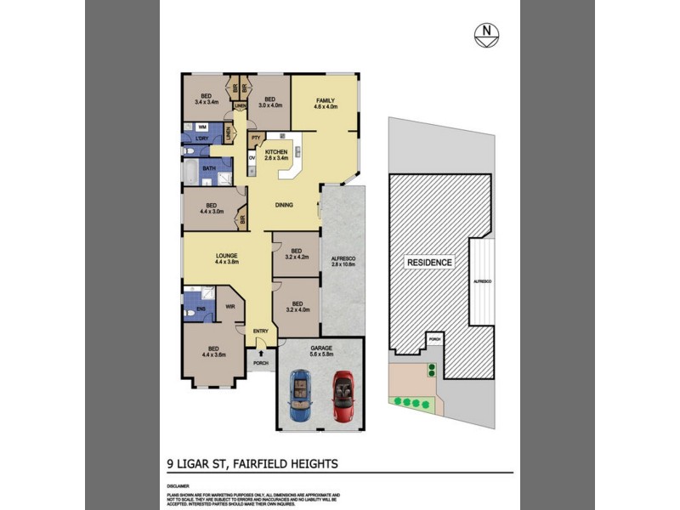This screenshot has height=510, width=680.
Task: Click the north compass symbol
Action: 485,35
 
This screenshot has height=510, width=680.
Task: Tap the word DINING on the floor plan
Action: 284,205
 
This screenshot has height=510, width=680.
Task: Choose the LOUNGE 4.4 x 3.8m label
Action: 226,258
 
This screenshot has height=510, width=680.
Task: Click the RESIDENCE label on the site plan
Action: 428,263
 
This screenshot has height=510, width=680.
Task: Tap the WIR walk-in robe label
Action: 229,308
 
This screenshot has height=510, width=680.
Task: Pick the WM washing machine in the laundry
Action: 202,126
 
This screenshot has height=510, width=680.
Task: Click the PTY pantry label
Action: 254,137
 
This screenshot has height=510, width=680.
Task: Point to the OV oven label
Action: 252,158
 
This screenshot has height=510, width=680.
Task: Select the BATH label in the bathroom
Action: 208,168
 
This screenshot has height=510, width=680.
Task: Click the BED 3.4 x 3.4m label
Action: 206,99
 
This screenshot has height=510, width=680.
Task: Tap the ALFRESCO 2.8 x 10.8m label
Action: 342,262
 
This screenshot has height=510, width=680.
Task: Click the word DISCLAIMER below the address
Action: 178,485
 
